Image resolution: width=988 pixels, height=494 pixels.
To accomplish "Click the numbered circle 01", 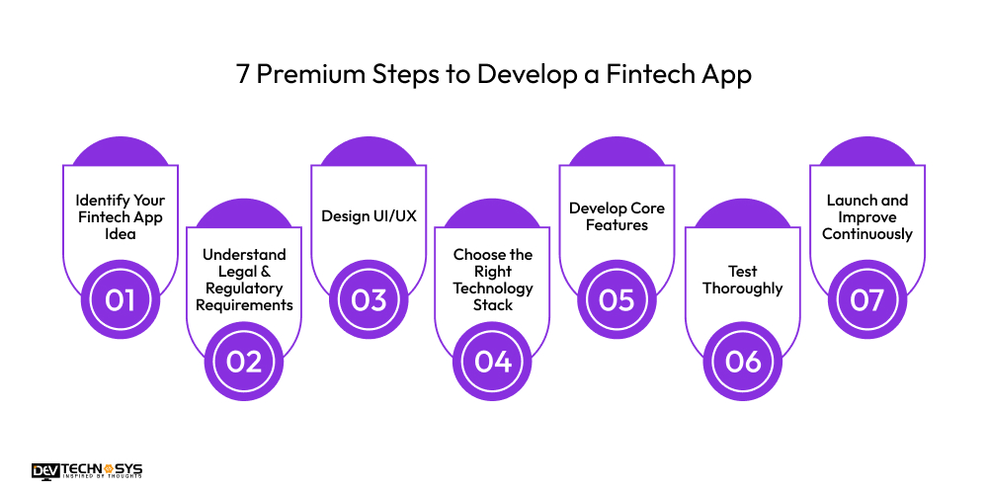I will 120,298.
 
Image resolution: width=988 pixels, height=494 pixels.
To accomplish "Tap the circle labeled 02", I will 244,361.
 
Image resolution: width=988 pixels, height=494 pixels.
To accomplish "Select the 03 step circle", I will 369,298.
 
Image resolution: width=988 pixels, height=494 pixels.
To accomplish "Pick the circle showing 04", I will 492,361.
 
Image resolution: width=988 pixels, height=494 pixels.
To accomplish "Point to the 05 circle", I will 617,298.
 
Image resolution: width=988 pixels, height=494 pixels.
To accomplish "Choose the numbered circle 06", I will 742,361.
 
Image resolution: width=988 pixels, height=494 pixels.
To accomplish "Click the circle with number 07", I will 866,298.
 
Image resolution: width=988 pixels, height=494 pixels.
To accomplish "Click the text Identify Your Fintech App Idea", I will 120,217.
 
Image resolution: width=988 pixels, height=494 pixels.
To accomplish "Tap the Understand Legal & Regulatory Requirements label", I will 244,280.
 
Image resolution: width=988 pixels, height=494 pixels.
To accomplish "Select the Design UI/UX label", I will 369,216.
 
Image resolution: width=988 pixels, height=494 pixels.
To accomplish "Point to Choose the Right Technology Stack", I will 492,280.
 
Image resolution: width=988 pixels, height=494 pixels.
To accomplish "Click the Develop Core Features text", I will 617,216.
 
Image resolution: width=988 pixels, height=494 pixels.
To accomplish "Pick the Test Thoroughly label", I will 742,280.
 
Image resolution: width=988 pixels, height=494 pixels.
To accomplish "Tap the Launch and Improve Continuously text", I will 866,216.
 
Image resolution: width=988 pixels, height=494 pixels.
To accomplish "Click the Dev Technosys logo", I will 86,471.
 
